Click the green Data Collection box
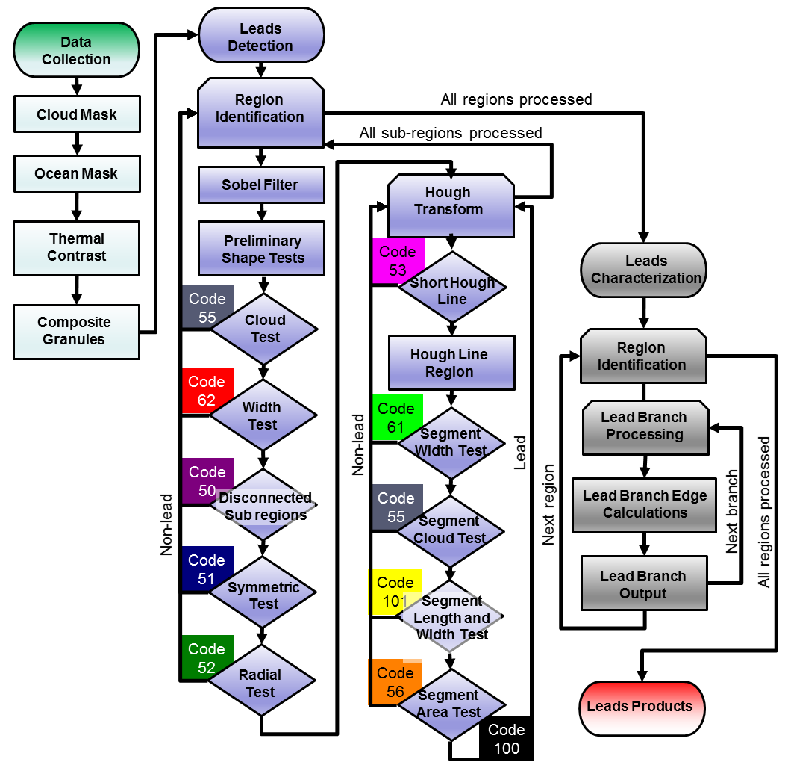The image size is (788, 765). pos(76,50)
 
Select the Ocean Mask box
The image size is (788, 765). pos(76,173)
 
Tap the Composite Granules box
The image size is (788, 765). pos(76,331)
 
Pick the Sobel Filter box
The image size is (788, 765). pos(260,185)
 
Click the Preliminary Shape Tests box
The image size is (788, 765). pos(262,250)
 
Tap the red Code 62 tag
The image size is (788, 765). pos(207,390)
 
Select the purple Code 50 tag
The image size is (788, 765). pos(207,480)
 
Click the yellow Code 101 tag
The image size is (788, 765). pos(396,592)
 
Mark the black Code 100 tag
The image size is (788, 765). pos(506,739)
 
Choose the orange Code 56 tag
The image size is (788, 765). pos(395,681)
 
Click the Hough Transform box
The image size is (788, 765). pos(450,201)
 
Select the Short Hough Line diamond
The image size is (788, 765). pos(452,291)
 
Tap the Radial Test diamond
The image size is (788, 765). pos(261,683)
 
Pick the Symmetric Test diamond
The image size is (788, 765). pos(263,595)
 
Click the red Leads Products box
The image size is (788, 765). pos(640,706)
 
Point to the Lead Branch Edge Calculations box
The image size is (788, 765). pos(645,504)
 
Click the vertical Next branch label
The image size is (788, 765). pos(732,512)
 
